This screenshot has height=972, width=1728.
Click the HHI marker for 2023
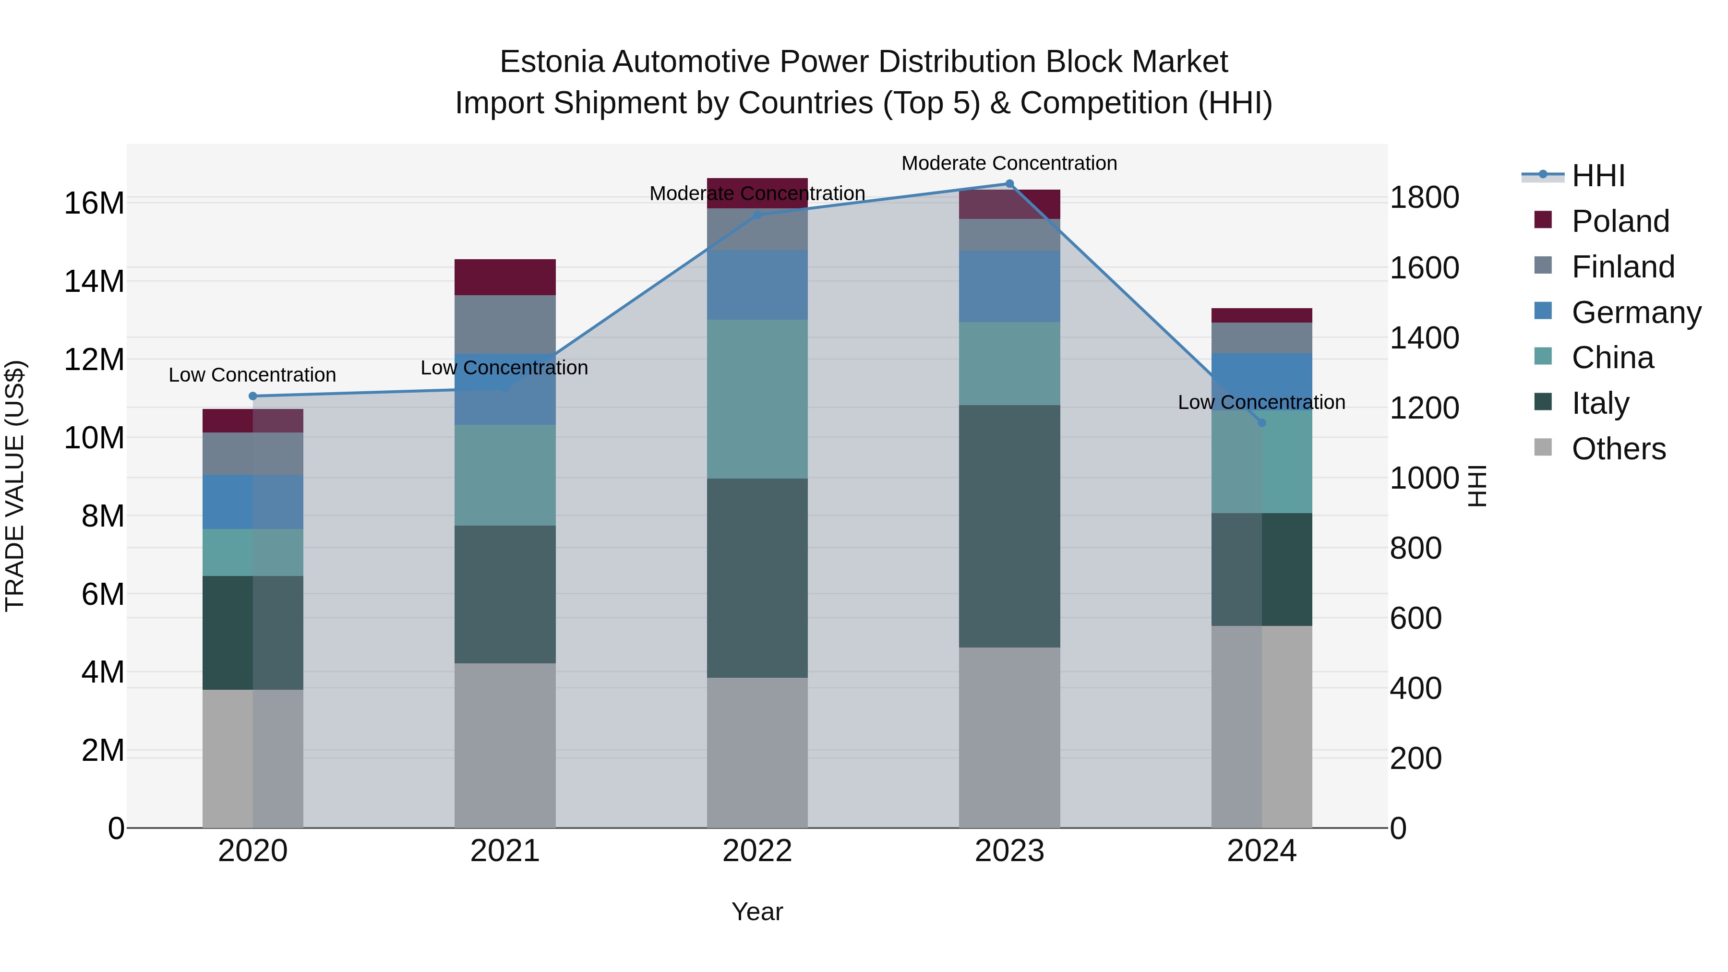pyautogui.click(x=1009, y=184)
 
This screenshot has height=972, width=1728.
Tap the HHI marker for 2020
pyautogui.click(x=253, y=396)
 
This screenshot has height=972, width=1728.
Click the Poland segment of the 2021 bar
pyautogui.click(x=504, y=277)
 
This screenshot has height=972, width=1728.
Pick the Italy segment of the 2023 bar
pyautogui.click(x=1009, y=526)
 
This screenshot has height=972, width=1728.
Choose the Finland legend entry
pyautogui.click(x=1623, y=267)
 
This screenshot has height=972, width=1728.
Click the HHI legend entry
pyautogui.click(x=1598, y=176)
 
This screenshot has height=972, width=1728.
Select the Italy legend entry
pyautogui.click(x=1600, y=403)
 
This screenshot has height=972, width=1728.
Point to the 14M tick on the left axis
pyautogui.click(x=94, y=281)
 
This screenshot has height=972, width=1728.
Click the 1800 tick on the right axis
pyautogui.click(x=1424, y=198)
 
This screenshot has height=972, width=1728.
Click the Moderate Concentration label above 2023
pyautogui.click(x=1009, y=163)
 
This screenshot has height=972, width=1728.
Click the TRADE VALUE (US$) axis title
pyautogui.click(x=15, y=486)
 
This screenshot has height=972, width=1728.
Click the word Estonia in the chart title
pyautogui.click(x=552, y=62)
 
